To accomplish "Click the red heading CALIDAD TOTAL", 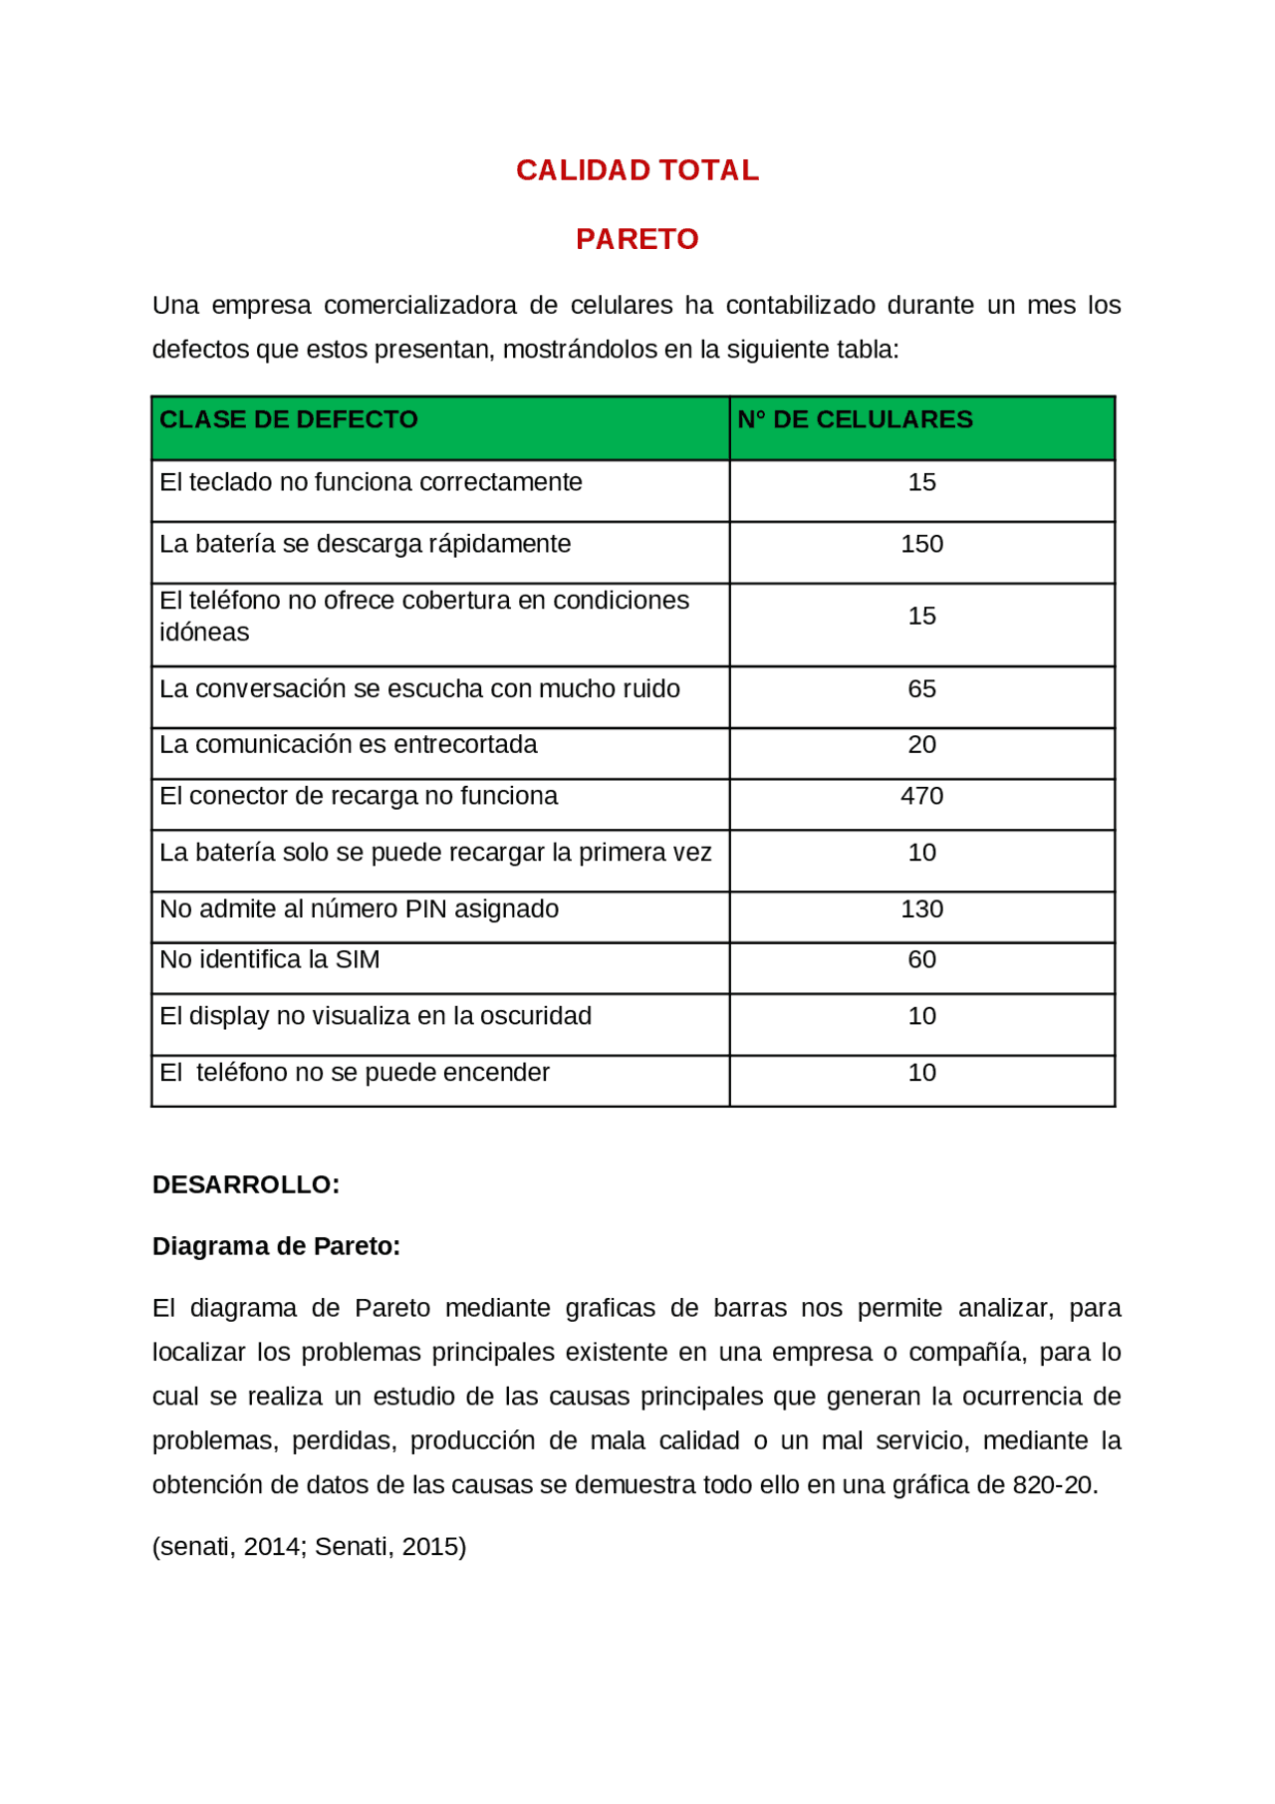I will [637, 170].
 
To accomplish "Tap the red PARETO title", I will [637, 239].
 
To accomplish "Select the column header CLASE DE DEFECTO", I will [289, 419].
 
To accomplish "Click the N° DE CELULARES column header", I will [855, 419].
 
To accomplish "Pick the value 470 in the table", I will [921, 796].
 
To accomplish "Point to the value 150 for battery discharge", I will [921, 544].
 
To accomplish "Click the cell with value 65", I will [921, 689].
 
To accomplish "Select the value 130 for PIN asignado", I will [921, 909].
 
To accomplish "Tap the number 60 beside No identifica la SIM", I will [921, 959].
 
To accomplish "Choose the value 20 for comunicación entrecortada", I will [921, 744].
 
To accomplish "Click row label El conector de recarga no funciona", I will [359, 796].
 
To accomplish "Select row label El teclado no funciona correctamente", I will [371, 482].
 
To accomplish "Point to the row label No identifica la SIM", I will [270, 959].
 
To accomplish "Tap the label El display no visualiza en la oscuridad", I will [376, 1016].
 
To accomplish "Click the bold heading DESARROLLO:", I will [246, 1184].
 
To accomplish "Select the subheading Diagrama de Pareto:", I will [276, 1246].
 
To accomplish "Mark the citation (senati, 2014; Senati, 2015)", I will [309, 1547].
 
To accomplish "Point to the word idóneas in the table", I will [204, 633].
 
